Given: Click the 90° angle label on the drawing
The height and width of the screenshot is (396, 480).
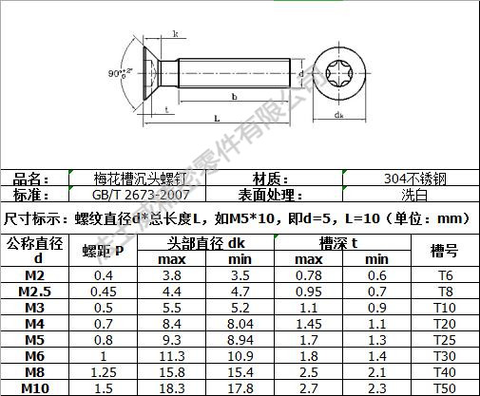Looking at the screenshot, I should click(114, 73).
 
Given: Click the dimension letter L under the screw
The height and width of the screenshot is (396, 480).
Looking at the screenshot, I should click(218, 118).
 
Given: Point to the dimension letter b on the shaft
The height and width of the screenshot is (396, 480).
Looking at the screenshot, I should click(234, 96).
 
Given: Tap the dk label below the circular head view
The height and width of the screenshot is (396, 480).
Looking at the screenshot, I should click(339, 115).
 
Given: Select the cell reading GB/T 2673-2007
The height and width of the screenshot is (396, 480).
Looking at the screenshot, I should click(127, 195).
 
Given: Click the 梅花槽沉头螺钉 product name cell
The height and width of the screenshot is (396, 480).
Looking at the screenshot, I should click(127, 179).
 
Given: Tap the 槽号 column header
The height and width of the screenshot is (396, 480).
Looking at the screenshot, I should click(444, 251).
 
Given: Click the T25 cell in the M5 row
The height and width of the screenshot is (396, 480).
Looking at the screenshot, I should click(444, 339).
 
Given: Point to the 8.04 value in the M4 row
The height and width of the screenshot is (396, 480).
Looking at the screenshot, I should click(240, 323).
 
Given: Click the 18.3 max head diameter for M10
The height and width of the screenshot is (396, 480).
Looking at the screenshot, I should click(171, 387).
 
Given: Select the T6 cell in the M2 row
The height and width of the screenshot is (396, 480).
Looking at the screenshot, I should click(444, 275).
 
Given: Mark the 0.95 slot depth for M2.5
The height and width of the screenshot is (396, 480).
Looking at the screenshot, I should click(308, 292).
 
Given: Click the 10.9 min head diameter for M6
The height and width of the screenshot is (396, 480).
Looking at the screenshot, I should click(240, 355).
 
